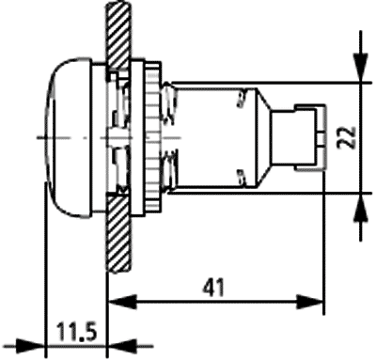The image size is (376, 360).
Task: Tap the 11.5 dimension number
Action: tap(75, 333)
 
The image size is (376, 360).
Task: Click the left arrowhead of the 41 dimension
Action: tap(117, 303)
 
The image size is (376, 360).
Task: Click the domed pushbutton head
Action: tap(66, 137)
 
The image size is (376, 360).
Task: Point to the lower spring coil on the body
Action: tap(169, 179)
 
